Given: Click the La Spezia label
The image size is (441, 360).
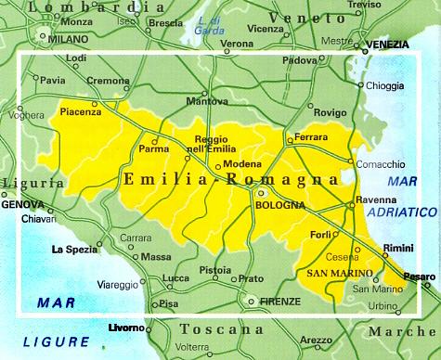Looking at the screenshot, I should point(75,249).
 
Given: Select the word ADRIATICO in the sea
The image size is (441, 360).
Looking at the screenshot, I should point(400,212).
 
